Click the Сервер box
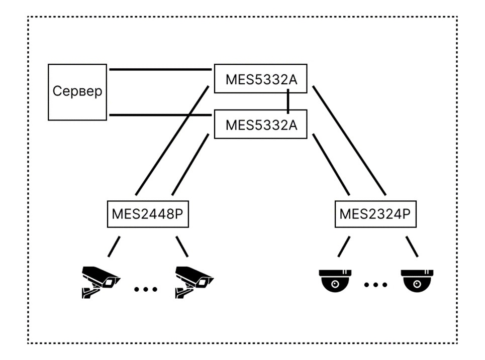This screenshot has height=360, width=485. click(x=77, y=92)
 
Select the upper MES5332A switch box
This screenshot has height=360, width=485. click(x=260, y=78)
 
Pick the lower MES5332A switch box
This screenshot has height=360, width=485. click(x=260, y=124)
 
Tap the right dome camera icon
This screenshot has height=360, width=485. click(x=417, y=281)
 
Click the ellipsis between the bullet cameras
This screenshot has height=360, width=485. click(x=146, y=289)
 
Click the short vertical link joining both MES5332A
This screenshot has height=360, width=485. click(x=288, y=101)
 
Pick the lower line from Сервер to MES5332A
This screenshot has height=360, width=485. click(x=160, y=115)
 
